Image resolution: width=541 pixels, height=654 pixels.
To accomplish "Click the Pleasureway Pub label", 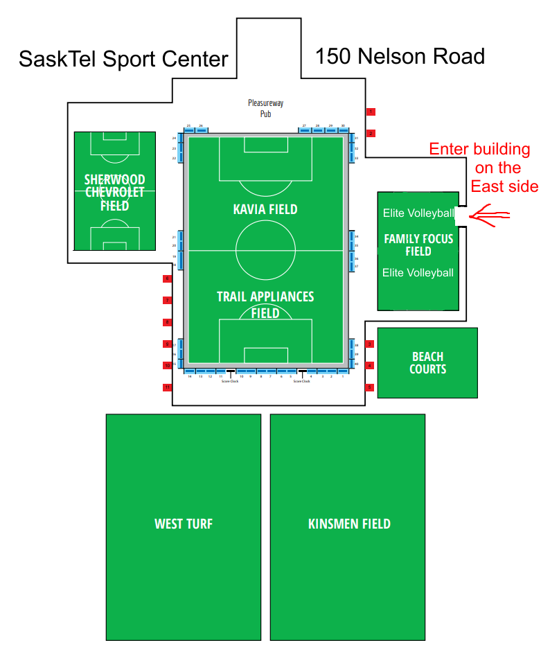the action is (x=266, y=108).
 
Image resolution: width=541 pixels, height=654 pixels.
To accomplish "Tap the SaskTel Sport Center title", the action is (x=123, y=59).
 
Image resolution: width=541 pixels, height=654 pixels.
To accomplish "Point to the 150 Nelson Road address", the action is (x=400, y=56).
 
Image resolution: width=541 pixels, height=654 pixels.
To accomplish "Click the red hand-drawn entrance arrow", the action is (x=488, y=216).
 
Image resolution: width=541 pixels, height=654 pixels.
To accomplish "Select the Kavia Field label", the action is (x=265, y=209).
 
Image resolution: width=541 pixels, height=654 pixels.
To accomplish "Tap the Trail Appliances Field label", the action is (x=265, y=304).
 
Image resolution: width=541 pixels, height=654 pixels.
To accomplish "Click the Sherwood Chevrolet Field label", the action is (x=115, y=192).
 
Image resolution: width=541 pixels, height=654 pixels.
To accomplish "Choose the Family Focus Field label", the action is (x=418, y=245).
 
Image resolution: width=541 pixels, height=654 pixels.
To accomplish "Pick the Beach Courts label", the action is (x=427, y=363).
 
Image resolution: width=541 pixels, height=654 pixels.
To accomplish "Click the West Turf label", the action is (x=183, y=524).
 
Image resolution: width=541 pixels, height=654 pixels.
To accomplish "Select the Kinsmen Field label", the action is (x=348, y=524).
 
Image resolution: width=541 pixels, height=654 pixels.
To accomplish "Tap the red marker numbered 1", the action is (x=371, y=112).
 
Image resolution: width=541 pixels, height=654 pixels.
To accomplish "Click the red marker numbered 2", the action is (x=371, y=133).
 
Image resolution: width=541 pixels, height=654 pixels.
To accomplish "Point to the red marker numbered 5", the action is (x=370, y=387).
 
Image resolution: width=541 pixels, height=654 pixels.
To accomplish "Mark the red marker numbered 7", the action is (x=167, y=300).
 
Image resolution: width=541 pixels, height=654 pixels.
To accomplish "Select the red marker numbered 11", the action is (x=167, y=387).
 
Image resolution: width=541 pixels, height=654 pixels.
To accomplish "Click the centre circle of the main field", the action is (x=265, y=250).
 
